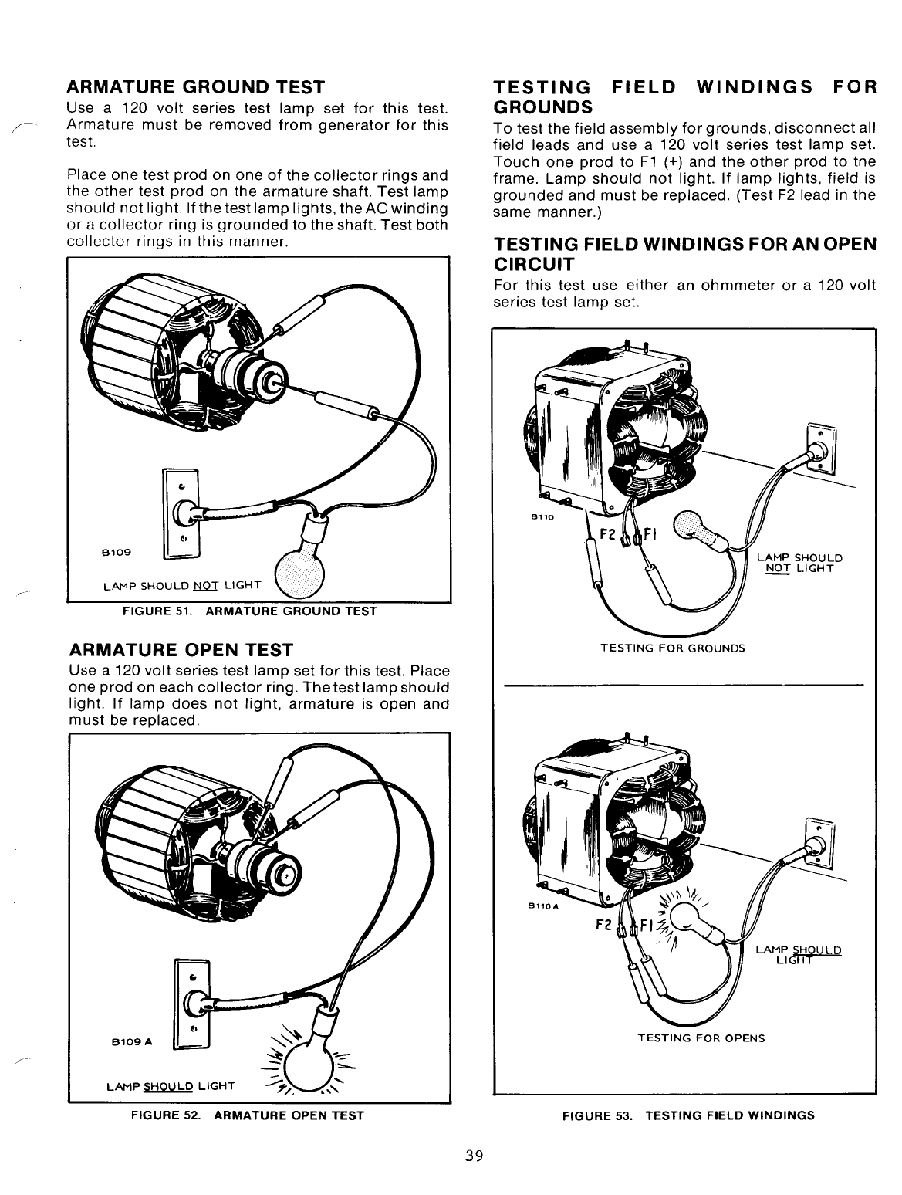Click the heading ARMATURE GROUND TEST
tap(196, 86)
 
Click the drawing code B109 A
tap(130, 1042)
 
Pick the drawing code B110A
tap(548, 906)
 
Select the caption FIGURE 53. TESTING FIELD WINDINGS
tap(688, 1115)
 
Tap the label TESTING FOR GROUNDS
tap(673, 648)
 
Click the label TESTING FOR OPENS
tap(701, 1038)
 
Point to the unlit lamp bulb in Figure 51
tap(301, 573)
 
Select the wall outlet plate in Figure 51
tap(181, 513)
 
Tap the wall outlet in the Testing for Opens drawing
tap(820, 847)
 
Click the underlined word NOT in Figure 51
tap(205, 584)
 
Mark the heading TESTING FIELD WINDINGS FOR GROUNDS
tap(685, 95)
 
